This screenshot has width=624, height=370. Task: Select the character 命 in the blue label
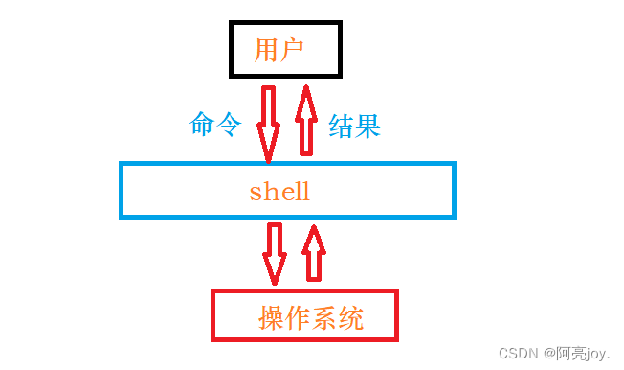[x=204, y=125]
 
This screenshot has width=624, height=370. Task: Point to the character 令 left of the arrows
[x=229, y=125]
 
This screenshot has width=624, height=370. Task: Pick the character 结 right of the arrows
[x=342, y=126]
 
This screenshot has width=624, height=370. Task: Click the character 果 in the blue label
[x=368, y=126]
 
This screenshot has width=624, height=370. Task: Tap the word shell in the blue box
[x=279, y=191]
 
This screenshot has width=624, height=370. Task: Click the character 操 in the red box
[x=271, y=317]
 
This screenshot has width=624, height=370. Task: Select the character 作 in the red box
[x=298, y=317]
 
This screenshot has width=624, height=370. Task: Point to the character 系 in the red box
[x=324, y=317]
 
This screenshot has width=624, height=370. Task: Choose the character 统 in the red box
[x=351, y=317]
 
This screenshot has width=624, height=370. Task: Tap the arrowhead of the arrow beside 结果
[x=306, y=96]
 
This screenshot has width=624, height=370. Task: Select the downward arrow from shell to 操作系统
[x=276, y=253]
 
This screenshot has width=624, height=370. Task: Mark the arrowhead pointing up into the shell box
[x=313, y=235]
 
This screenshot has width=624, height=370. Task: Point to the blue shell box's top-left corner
[x=122, y=165]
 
